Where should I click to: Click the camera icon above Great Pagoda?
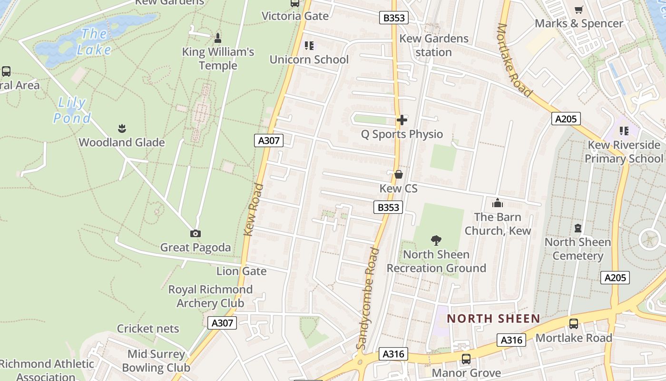tap(195, 233)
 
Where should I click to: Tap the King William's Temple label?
tap(218, 59)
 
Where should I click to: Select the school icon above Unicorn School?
tap(309, 46)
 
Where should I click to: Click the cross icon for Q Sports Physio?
tap(402, 120)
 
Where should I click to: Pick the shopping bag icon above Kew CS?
tap(399, 174)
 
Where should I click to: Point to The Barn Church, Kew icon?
tap(498, 203)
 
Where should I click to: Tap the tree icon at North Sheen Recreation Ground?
tap(436, 241)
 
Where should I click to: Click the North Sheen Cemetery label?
tap(578, 249)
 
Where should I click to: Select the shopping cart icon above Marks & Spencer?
tap(579, 10)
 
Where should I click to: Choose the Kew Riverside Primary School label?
tap(624, 151)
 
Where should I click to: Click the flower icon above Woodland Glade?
tap(122, 128)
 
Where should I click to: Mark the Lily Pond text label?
tap(72, 110)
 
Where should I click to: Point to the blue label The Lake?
tap(94, 41)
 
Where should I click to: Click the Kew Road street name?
tap(254, 210)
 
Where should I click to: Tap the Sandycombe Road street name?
tap(368, 299)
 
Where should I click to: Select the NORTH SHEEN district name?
tap(493, 319)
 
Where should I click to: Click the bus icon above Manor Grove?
tap(466, 359)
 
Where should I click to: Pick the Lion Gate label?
tap(241, 271)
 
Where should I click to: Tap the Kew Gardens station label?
tap(434, 45)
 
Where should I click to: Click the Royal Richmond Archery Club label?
tap(210, 296)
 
